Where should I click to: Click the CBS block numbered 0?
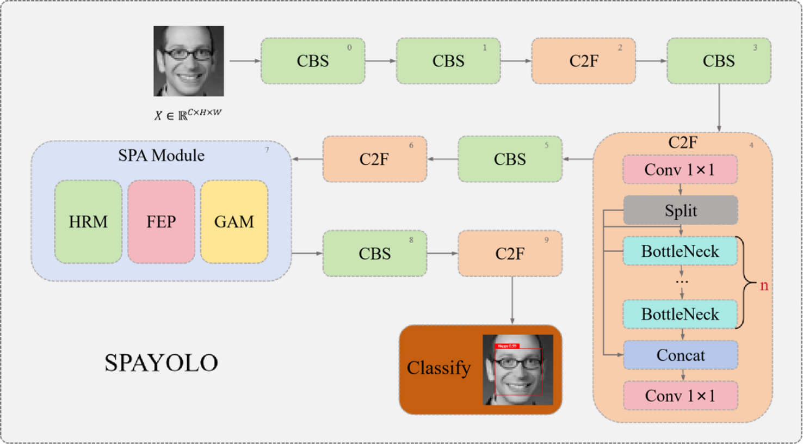[x=313, y=61]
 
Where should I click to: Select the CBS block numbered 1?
[x=448, y=61]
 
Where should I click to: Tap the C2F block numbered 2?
[x=583, y=61]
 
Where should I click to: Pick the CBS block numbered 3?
[x=719, y=61]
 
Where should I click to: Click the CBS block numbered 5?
[x=510, y=159]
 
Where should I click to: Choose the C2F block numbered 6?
[x=374, y=159]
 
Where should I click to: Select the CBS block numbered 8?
[x=374, y=254]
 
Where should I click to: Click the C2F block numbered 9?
[x=510, y=254]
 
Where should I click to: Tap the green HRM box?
[x=88, y=222]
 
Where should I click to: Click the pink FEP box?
[x=161, y=222]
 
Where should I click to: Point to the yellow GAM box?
[x=234, y=222]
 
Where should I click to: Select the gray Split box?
[x=680, y=211]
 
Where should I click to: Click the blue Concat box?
[x=680, y=355]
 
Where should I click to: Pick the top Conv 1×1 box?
[x=680, y=170]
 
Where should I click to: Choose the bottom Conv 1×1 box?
[x=680, y=396]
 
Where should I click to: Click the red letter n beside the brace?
[x=764, y=285]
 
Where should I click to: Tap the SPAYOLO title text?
[x=161, y=363]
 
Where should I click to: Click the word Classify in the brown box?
[x=438, y=368]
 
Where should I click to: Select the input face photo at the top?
[x=188, y=61]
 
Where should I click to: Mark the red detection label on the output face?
[x=506, y=346]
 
